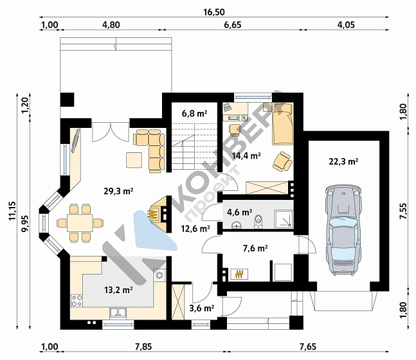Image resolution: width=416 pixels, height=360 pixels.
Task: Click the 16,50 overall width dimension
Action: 214,12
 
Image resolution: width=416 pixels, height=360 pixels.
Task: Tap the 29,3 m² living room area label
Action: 118,191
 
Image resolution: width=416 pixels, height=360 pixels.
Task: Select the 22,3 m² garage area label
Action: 343,161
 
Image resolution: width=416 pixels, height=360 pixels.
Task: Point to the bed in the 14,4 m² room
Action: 283,123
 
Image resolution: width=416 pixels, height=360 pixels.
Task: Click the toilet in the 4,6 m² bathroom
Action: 258,222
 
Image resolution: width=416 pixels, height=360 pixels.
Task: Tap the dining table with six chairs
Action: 80,223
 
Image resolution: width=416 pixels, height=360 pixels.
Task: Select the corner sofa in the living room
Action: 149,150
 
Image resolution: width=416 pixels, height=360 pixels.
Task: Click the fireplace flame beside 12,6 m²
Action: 152,213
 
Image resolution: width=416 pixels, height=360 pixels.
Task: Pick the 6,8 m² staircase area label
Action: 194,114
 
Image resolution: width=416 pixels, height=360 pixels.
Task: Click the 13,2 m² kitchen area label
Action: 118,290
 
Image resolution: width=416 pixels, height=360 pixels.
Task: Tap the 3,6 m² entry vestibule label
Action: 202,308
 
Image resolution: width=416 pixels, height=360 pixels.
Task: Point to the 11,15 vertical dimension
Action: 12,211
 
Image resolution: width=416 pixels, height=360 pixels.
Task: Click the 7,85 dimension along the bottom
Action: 143,346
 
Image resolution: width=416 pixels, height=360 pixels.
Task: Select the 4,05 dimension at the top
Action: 346,25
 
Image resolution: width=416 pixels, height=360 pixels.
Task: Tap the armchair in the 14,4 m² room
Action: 283,161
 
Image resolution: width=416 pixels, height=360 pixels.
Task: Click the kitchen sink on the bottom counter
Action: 118,313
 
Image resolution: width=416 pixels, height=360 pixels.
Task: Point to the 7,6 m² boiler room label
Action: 255,248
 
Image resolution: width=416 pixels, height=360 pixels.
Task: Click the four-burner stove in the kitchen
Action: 77,301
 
